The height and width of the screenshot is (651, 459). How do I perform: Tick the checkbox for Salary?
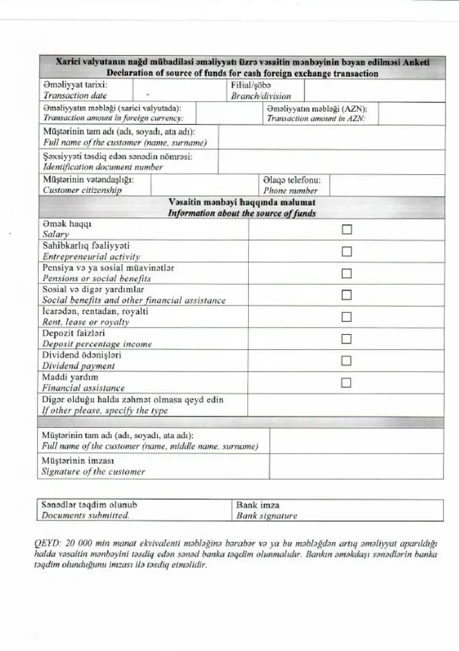(347, 229)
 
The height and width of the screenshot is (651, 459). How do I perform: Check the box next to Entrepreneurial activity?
(347, 251)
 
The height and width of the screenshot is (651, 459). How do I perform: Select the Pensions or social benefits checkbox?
(347, 273)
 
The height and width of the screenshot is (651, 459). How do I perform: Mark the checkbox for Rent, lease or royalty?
(347, 317)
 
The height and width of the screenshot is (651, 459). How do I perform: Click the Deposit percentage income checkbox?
(347, 338)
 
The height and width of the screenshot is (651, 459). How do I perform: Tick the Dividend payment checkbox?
(347, 361)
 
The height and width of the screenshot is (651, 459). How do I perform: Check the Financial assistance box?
(347, 382)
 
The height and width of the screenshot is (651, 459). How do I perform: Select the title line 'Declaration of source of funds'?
(242, 73)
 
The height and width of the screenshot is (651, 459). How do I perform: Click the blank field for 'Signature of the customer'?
(355, 466)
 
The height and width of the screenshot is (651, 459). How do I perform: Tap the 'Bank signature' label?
(266, 515)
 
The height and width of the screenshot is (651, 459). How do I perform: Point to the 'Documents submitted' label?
(85, 515)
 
